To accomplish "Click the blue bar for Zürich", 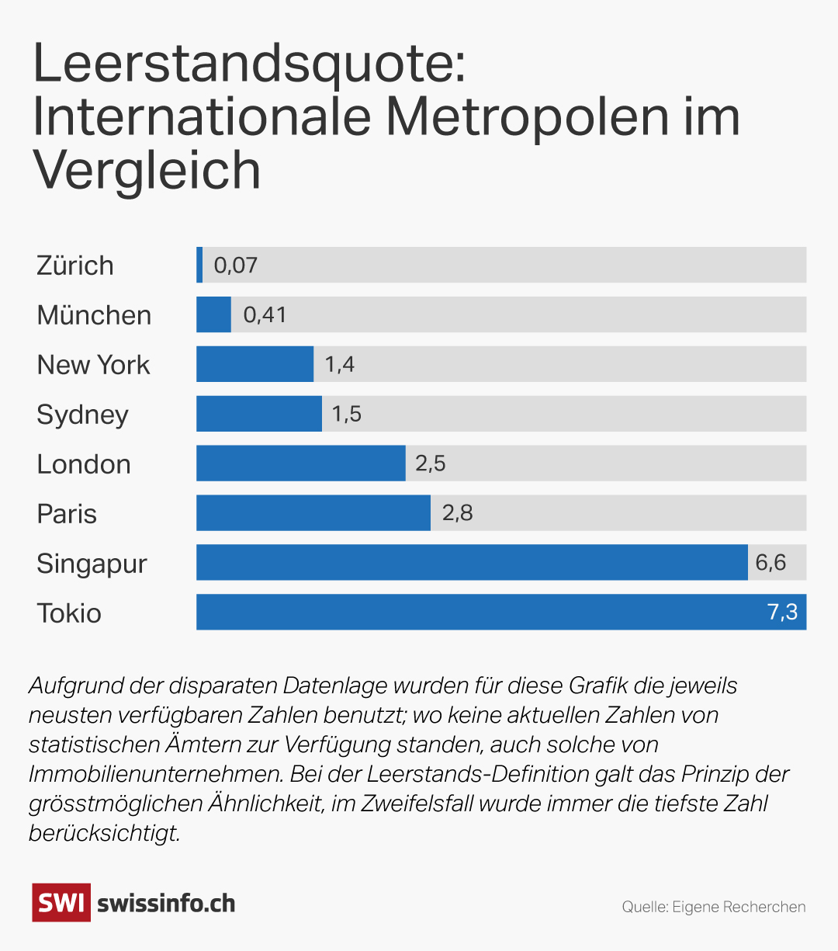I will click(x=199, y=265).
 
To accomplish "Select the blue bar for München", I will click(x=213, y=314).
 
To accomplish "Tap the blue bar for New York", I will click(x=255, y=364).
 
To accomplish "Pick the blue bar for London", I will click(x=300, y=463).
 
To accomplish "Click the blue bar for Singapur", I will click(x=471, y=563).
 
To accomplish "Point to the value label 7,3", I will click(x=782, y=613).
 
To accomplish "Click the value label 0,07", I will click(x=235, y=266).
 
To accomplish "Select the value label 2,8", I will click(x=457, y=513).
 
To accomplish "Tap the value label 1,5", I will click(x=346, y=414).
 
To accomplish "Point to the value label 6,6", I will click(x=770, y=563).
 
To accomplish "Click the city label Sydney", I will click(x=82, y=415).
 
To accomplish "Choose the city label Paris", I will click(x=67, y=514).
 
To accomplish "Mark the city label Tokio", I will click(x=69, y=613).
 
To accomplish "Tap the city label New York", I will click(x=93, y=365).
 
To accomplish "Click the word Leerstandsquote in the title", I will click(x=248, y=66).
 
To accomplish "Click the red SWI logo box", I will click(x=61, y=903).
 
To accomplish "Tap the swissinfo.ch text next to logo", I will click(x=166, y=904).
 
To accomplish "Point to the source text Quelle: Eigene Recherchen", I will click(x=713, y=907).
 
